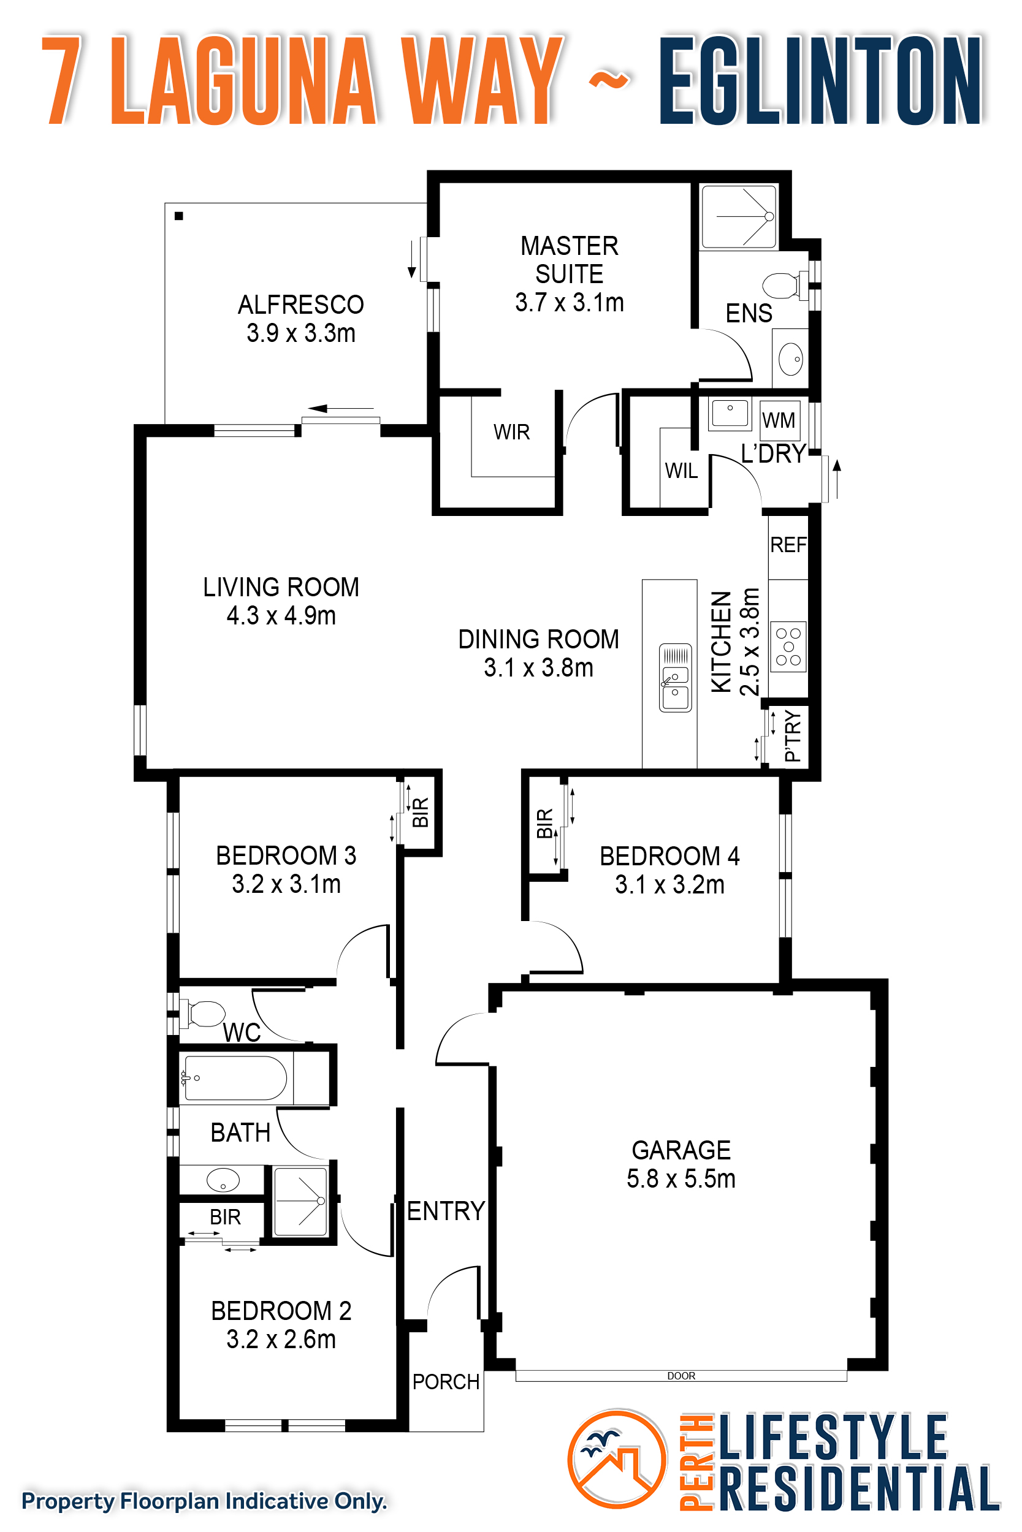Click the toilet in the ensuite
[x=784, y=286]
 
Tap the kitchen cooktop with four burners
[x=788, y=647]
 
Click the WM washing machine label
[x=779, y=420]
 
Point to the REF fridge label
[x=788, y=545]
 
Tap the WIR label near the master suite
[x=512, y=432]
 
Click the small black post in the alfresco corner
[x=178, y=216]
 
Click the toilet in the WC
[x=205, y=1014]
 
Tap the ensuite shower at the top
[x=739, y=216]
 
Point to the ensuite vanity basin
[x=791, y=358]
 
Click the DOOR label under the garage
[x=681, y=1376]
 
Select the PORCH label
[x=446, y=1381]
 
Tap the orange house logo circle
[x=617, y=1459]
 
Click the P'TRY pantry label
[x=793, y=736]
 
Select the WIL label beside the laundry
[x=681, y=470]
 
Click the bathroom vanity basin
[x=223, y=1180]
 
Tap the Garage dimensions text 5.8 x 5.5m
[x=681, y=1179]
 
